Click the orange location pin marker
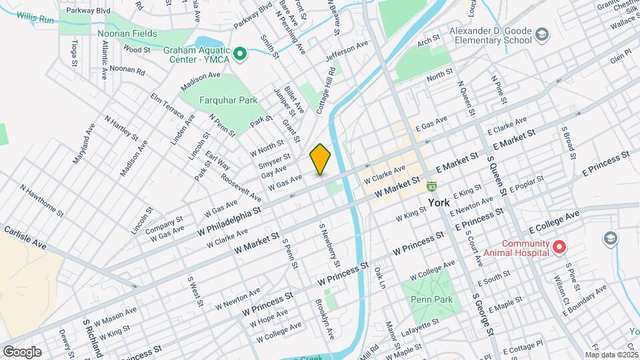coord(321,159)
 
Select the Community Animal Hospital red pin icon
coord(557,248)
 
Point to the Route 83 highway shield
coord(432,187)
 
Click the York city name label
coord(439,202)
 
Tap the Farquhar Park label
coord(228,101)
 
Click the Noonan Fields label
coord(127,33)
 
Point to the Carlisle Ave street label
coord(25,237)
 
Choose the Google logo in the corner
coord(22,351)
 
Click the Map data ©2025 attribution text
coord(611,355)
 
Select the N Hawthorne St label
coord(41,201)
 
